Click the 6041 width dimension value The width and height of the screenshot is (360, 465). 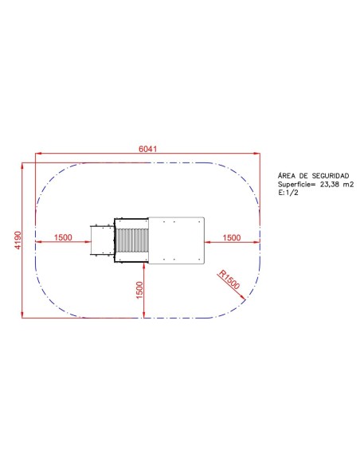[147, 149]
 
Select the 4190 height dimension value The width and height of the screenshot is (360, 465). [18, 240]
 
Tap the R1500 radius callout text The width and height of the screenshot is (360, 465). [229, 279]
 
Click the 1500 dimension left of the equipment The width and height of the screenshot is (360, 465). [63, 237]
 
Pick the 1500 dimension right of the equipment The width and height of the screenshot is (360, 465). [232, 237]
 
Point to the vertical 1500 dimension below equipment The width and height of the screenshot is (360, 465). [139, 291]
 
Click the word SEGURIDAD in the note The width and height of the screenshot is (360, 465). [331, 176]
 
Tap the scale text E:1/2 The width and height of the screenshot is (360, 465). [288, 193]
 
